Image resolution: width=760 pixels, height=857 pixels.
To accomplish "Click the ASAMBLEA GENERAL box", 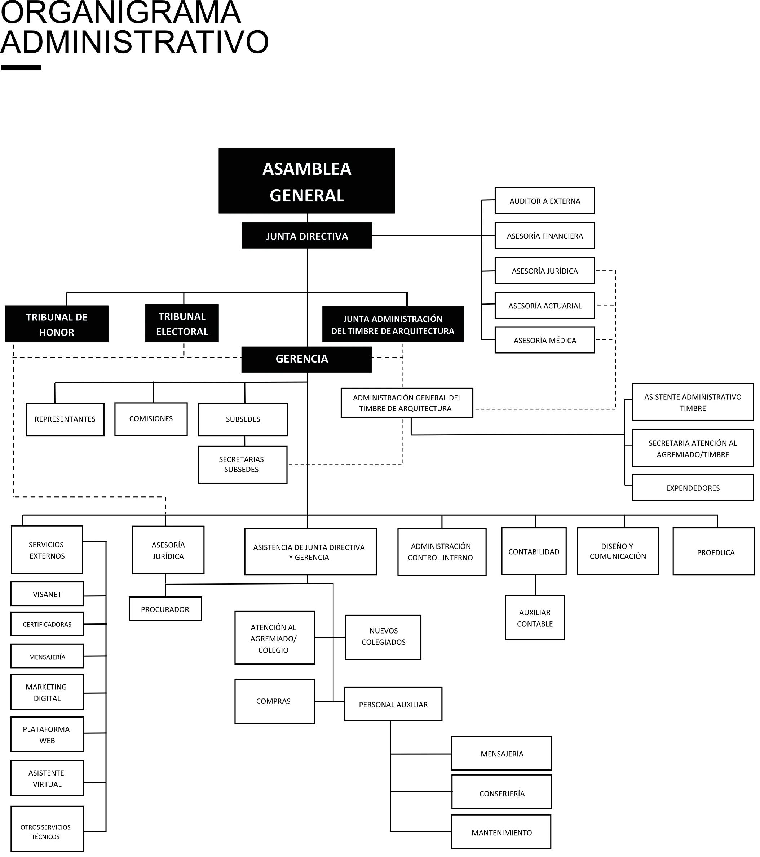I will coord(306,181).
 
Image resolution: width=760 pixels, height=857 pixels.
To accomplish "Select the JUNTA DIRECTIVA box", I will coord(306,236).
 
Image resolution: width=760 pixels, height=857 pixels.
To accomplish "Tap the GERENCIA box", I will coord(306,359).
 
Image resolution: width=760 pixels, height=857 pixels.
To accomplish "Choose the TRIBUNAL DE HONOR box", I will coord(57,324).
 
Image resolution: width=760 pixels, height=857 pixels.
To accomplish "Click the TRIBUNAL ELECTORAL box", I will coord(182,323).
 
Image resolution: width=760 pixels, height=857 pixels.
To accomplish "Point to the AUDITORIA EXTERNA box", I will coord(544,201).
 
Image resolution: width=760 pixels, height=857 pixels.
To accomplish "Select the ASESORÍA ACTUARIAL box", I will coord(544,306).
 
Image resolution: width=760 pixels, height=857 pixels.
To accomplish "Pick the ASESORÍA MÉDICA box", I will coord(544,340).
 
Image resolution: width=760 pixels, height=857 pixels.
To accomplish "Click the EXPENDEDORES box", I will coord(693,488).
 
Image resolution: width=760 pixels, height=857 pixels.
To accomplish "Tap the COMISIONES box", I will coord(151,419).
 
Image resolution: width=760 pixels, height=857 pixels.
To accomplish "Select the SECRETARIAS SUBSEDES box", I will coord(242,465).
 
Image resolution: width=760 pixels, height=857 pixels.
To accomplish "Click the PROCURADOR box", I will coord(165,609).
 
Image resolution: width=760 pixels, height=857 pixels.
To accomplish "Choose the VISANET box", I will coord(47,594).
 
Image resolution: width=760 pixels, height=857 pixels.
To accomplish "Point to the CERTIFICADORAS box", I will coord(47,624).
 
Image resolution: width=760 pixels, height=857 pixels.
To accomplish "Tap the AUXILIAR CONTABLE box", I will coord(535,618).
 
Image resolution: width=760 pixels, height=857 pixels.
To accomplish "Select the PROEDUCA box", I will coord(716,552).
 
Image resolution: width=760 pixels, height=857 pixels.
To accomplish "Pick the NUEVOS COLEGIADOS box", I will coord(383,636).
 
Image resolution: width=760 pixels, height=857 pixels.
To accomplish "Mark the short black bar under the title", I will coord(21,67).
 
